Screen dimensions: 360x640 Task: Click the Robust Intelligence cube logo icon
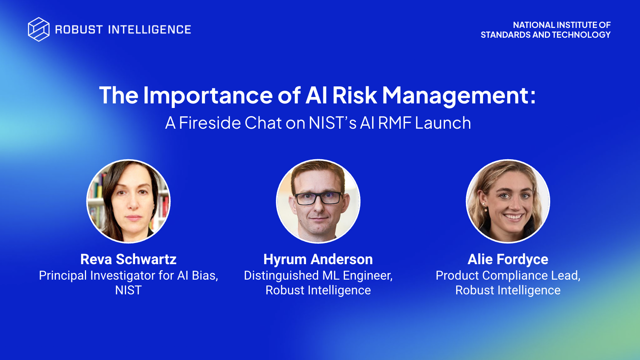pos(38,29)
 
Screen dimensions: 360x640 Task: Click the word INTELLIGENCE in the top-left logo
pos(149,30)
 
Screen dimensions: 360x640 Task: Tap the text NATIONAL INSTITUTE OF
pos(562,25)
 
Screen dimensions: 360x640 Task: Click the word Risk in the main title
pos(354,95)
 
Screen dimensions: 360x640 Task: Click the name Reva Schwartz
pos(128,259)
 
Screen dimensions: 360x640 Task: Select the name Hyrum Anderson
pos(318,259)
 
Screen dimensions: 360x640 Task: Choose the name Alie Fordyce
pos(508,259)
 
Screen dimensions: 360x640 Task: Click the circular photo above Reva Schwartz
pos(129,201)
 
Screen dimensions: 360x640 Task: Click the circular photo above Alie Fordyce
pos(508,201)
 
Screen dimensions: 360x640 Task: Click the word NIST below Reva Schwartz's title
pos(128,290)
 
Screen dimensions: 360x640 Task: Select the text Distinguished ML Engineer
pos(318,275)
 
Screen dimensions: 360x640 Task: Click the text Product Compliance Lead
pos(508,275)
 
